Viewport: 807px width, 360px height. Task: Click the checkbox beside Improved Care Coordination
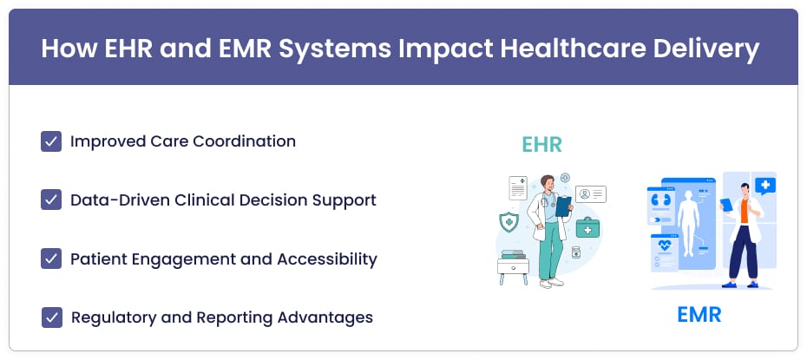tap(51, 141)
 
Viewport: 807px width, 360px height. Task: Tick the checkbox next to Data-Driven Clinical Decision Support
tap(51, 200)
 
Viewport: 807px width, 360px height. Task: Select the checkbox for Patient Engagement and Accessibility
tap(51, 259)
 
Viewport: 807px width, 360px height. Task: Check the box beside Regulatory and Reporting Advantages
tap(52, 317)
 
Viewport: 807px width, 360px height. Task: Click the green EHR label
tap(541, 145)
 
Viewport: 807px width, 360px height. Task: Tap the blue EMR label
tap(699, 315)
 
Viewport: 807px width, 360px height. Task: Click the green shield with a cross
tap(508, 221)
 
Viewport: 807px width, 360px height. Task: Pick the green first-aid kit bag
tap(587, 226)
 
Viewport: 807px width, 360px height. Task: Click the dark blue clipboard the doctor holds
tap(563, 206)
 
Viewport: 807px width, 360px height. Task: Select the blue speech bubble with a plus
tap(764, 185)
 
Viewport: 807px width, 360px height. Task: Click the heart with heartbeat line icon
tap(665, 245)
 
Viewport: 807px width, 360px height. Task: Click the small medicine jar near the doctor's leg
tap(576, 252)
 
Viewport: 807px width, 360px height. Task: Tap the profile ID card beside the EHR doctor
tap(591, 194)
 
